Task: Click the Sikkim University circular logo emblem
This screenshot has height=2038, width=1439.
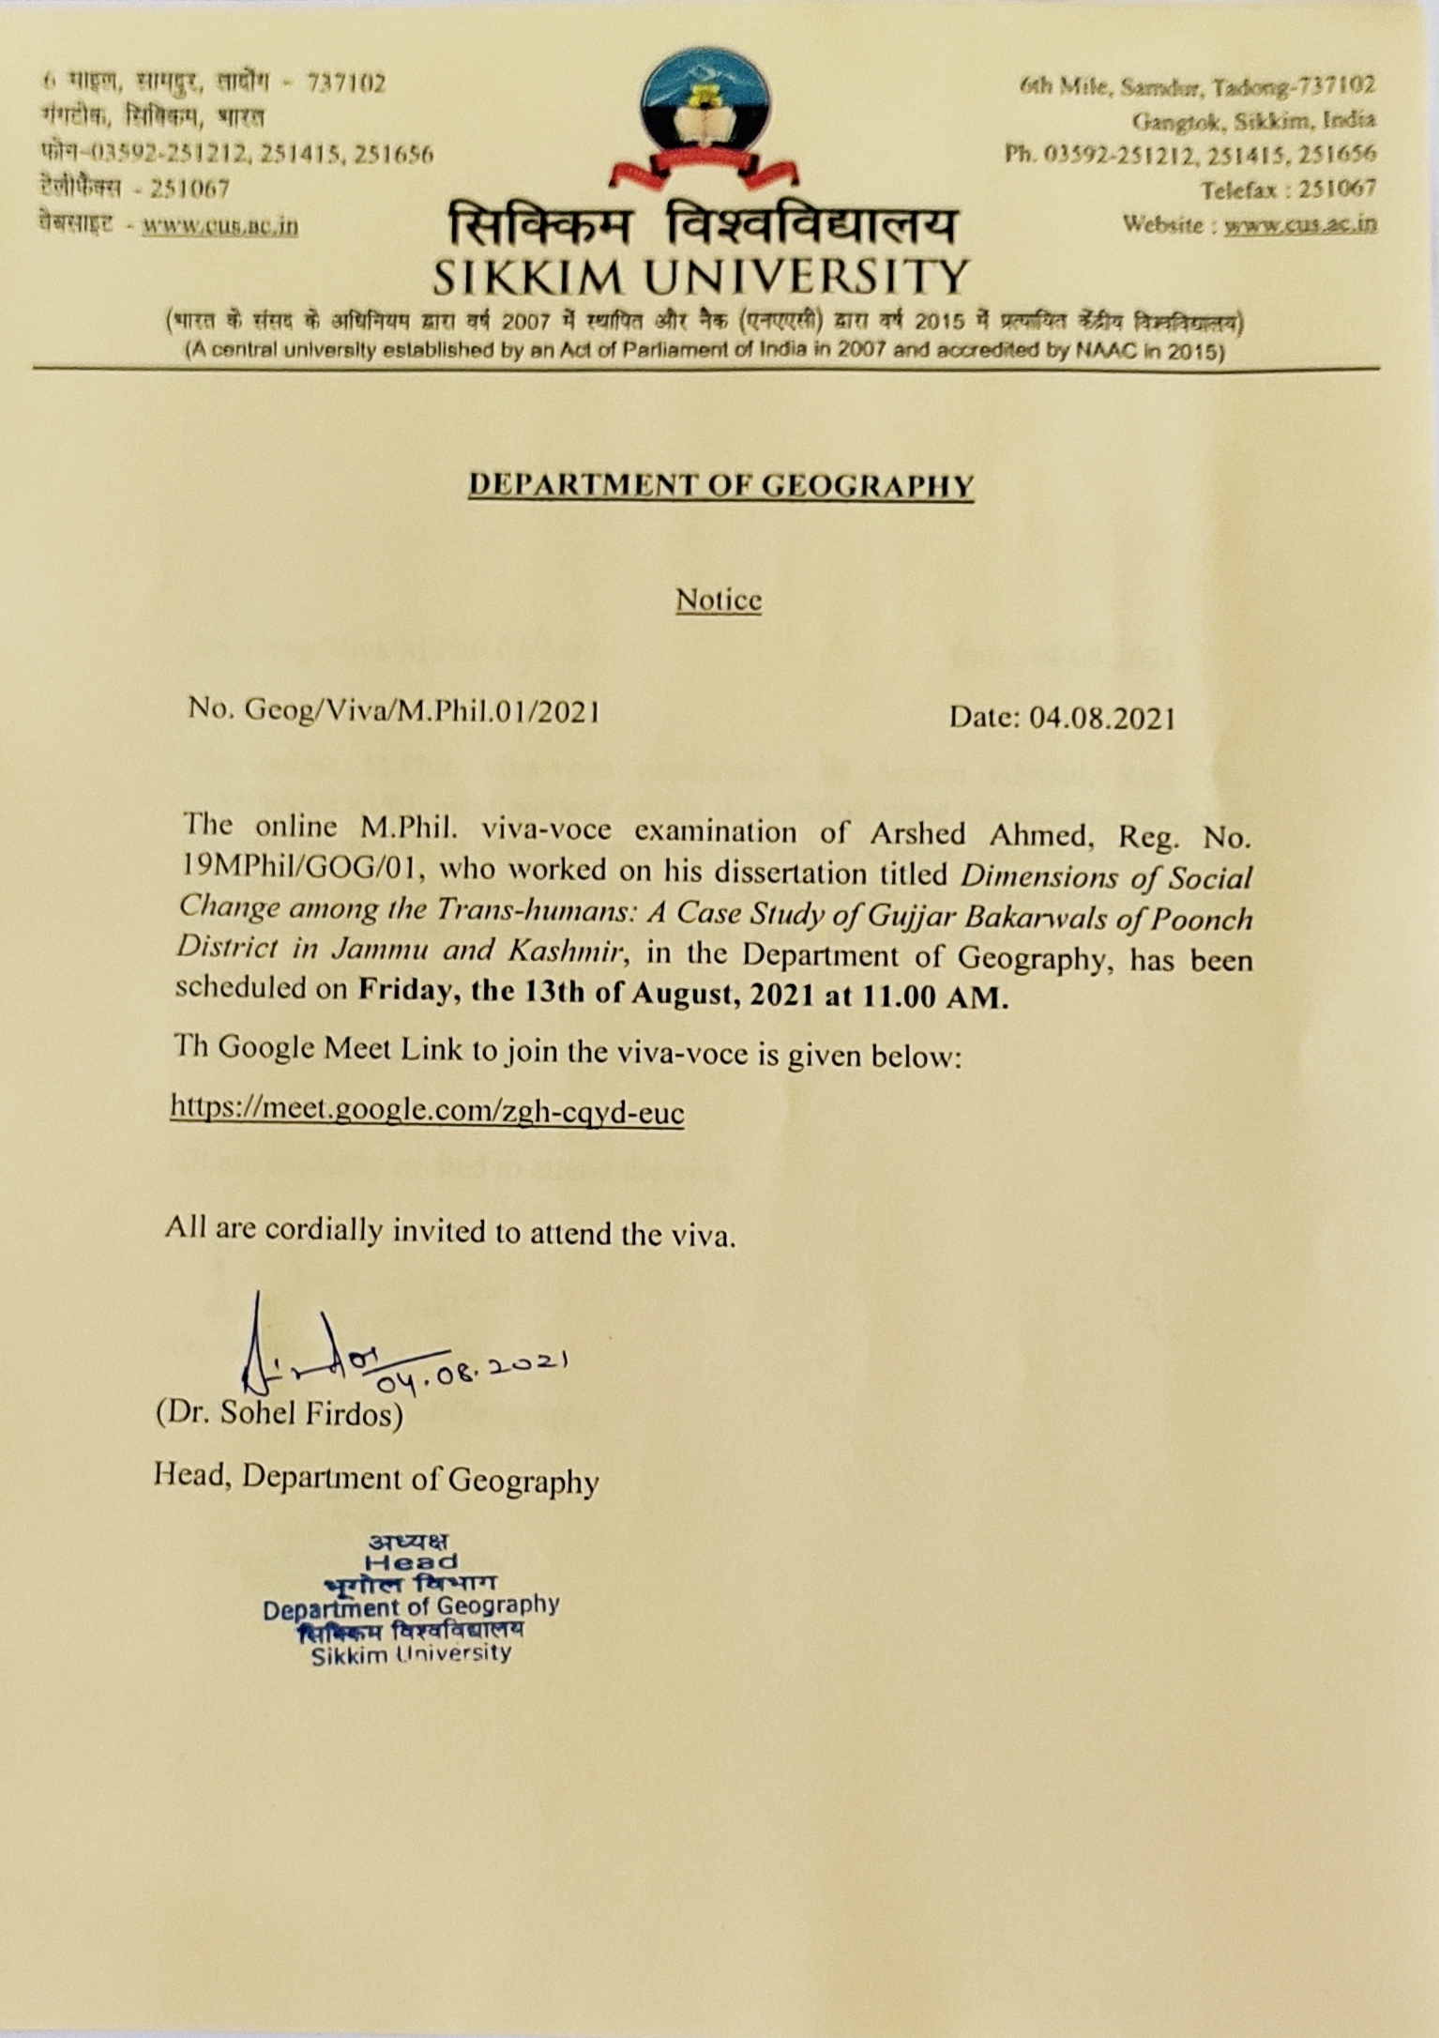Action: point(704,108)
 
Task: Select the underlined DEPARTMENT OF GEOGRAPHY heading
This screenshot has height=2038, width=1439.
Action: point(720,484)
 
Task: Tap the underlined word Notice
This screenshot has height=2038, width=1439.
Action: point(719,600)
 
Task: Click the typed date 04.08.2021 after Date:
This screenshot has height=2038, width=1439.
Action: point(1102,718)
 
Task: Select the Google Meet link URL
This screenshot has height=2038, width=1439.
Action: point(428,1111)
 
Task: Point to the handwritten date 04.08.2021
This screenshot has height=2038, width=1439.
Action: point(474,1370)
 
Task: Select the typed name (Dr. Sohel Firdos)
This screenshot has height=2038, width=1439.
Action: point(280,1413)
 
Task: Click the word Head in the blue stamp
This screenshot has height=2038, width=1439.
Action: point(412,1562)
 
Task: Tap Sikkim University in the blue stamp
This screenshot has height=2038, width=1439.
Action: point(412,1654)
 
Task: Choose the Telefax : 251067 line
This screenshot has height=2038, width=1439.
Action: point(1289,190)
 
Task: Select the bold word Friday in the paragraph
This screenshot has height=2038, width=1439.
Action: point(403,990)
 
